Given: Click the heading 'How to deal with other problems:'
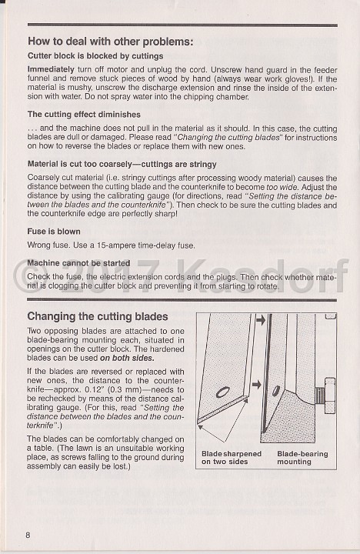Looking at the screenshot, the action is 111,42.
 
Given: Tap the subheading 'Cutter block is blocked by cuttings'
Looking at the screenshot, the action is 95,56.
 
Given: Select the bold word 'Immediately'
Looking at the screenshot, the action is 51,69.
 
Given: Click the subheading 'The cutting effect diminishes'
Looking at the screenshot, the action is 84,115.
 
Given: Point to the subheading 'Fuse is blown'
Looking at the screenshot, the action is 54,232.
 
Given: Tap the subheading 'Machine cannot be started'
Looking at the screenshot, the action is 78,263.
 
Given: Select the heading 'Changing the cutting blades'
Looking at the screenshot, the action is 98,316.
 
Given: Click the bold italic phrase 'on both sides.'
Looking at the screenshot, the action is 127,358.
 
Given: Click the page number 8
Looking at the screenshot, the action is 28,535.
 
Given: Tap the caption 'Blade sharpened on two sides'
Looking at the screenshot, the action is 232,458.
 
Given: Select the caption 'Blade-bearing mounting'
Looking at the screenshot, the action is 302,458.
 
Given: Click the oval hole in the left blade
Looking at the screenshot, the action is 222,392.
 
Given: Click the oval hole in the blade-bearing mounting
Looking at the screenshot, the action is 275,391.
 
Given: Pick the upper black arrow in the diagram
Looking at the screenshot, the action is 260,320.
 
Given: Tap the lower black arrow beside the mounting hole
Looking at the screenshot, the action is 256,385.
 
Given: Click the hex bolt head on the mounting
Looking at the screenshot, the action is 330,396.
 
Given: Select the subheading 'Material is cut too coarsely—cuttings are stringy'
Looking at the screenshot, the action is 122,165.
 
